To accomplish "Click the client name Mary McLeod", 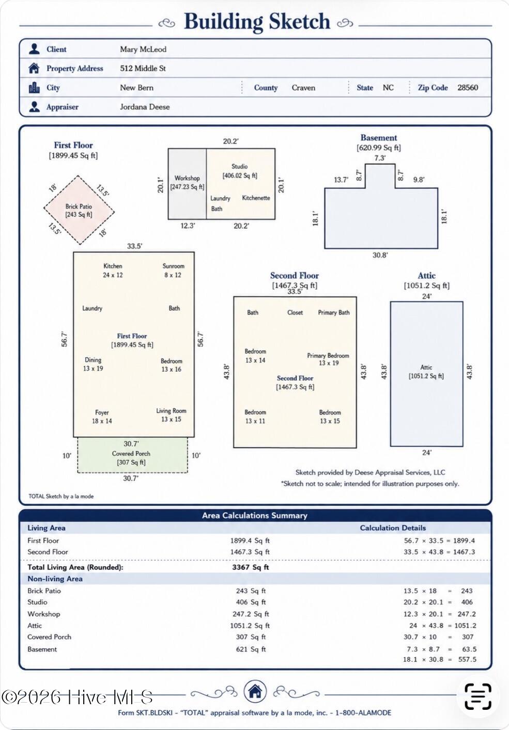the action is tap(143, 49).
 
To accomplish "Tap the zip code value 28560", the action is tap(468, 88).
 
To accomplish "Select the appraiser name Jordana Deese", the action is tap(145, 107).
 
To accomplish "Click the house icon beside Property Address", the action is tap(34, 69).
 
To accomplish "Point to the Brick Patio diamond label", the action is tap(79, 211).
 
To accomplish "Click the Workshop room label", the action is tap(187, 178).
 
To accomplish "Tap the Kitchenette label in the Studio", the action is tap(256, 198).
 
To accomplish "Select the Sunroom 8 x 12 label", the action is tap(173, 271).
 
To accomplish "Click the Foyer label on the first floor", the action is tap(102, 412).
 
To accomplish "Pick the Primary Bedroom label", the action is tap(328, 359).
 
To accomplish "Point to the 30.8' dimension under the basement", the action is tap(380, 255).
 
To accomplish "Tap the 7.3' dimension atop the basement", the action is tap(380, 158).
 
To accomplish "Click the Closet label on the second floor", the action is tap(295, 312).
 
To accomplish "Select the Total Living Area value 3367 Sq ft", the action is tap(251, 567).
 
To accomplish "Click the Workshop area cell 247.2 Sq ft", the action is tap(251, 614).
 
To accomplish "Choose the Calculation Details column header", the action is tap(393, 528).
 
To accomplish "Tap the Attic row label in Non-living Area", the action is tap(35, 626).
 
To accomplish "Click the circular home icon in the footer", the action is tap(255, 691).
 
